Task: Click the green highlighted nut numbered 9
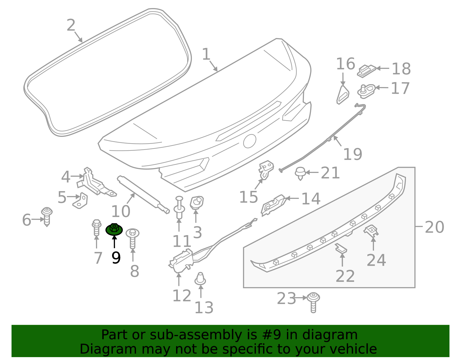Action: pyautogui.click(x=114, y=229)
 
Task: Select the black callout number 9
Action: pyautogui.click(x=116, y=258)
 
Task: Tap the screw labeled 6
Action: pyautogui.click(x=47, y=216)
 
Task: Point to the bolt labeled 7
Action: pyautogui.click(x=97, y=228)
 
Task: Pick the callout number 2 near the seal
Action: pyautogui.click(x=71, y=25)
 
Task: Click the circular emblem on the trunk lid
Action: pyautogui.click(x=250, y=141)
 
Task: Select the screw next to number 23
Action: pyautogui.click(x=313, y=303)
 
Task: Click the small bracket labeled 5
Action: pyautogui.click(x=80, y=201)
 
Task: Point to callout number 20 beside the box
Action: pyautogui.click(x=434, y=227)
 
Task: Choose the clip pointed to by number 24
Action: pyautogui.click(x=371, y=231)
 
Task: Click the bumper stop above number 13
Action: pyautogui.click(x=200, y=278)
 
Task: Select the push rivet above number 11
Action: pyautogui.click(x=179, y=208)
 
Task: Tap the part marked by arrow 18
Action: pyautogui.click(x=366, y=71)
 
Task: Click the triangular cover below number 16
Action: pyautogui.click(x=343, y=95)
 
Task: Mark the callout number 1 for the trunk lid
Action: pyautogui.click(x=206, y=54)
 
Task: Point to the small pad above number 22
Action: pyautogui.click(x=341, y=249)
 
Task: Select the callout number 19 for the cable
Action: pyautogui.click(x=353, y=154)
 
